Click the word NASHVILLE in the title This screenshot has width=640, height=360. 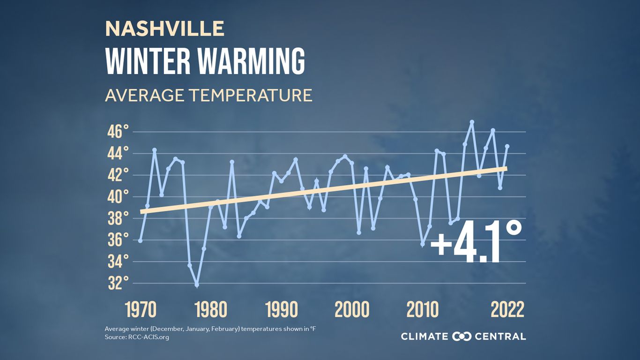pos(164,29)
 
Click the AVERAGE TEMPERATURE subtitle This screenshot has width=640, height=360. pos(208,95)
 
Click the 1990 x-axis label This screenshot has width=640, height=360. pos(282,310)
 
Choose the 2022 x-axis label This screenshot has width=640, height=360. pos(507,310)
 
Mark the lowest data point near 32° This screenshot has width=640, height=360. pos(197,285)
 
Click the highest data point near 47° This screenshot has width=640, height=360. pos(472,122)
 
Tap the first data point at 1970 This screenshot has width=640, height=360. pos(140,240)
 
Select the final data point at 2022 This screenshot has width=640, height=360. pos(507,146)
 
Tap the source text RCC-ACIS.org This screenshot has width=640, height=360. pos(148,337)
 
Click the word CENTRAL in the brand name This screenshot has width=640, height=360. pos(500,336)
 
